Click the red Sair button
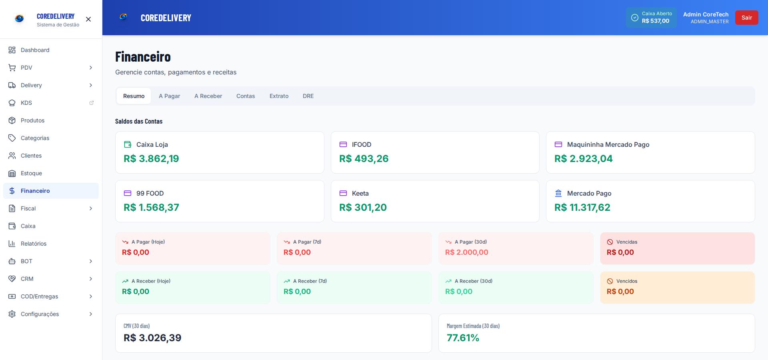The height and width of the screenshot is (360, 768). click(x=746, y=18)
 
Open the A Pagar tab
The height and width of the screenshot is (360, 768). click(x=169, y=96)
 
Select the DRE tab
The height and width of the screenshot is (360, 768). click(x=308, y=96)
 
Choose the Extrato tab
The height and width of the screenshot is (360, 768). click(x=279, y=96)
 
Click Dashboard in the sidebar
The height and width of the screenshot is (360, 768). click(x=35, y=50)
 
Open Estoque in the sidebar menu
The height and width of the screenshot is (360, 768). click(x=31, y=173)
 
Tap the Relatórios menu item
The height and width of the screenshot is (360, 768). click(x=34, y=244)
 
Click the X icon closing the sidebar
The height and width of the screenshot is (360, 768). click(x=88, y=19)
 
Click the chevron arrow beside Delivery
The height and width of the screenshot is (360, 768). click(x=91, y=85)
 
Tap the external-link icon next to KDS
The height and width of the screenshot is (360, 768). click(x=91, y=103)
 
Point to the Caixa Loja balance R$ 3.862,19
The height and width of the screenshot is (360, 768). click(x=151, y=159)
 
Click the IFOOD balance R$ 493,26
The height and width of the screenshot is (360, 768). click(x=364, y=159)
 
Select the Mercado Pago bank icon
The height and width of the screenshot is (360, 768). click(x=558, y=193)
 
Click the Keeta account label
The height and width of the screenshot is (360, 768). click(x=360, y=193)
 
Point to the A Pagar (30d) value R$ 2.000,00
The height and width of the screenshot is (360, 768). click(x=466, y=252)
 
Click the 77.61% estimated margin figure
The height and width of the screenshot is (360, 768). click(x=463, y=338)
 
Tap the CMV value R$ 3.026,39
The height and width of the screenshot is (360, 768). click(x=152, y=338)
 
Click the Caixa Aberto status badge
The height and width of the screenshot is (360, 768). click(x=651, y=18)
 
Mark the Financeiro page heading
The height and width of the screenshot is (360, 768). click(x=143, y=57)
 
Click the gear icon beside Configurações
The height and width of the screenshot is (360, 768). click(x=12, y=314)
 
